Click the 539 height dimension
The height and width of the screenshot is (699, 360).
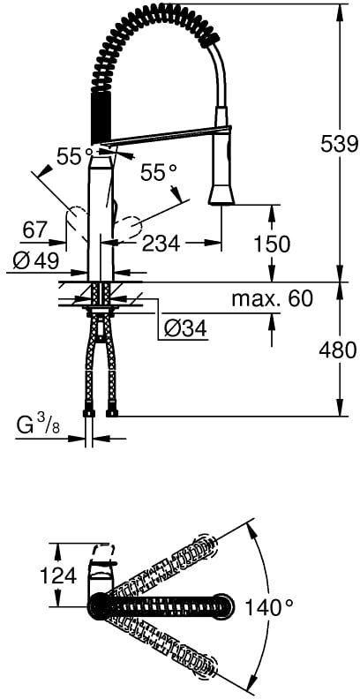(x=340, y=144)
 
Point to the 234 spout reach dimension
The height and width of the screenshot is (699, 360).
(x=161, y=244)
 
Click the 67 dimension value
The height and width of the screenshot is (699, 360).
(x=34, y=230)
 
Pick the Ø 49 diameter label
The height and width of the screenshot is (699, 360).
(x=35, y=260)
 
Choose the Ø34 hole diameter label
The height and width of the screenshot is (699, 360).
(x=185, y=329)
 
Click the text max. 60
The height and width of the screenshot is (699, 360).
(x=273, y=298)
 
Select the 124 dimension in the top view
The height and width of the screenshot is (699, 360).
(x=58, y=578)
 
